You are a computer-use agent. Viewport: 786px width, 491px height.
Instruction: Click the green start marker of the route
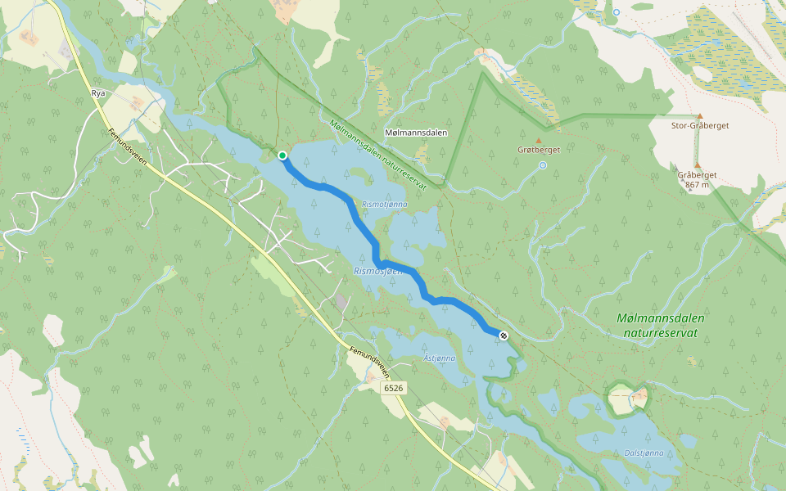click(282, 155)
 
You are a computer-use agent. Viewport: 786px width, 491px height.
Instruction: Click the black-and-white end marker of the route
click(504, 335)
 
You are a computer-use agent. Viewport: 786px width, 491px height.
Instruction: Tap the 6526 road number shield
click(394, 388)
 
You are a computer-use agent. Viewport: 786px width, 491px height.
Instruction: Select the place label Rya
click(99, 94)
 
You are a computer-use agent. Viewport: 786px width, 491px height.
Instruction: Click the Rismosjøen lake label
click(377, 270)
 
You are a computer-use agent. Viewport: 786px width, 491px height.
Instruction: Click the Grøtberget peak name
click(538, 150)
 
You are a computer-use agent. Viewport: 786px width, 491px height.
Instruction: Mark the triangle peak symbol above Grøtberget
click(539, 140)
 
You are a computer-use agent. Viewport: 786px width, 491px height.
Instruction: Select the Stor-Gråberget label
click(700, 126)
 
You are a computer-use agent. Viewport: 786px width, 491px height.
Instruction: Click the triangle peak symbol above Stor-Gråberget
click(700, 116)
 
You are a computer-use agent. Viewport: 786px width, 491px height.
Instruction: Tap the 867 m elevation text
click(698, 185)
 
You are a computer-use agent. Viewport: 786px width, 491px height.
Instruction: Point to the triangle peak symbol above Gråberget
click(698, 164)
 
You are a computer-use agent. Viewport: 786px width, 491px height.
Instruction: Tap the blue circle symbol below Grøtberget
click(543, 165)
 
